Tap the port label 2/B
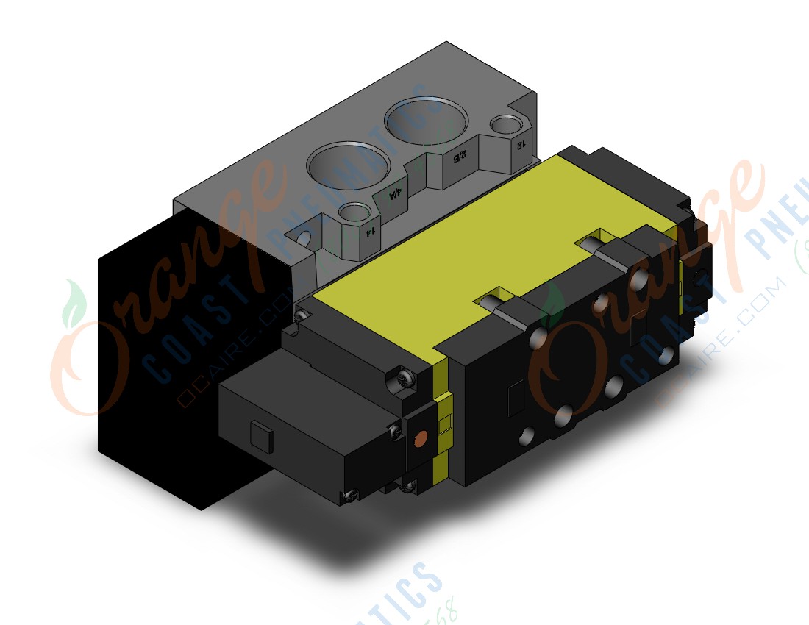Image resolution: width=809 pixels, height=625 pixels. pos(457,156)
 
